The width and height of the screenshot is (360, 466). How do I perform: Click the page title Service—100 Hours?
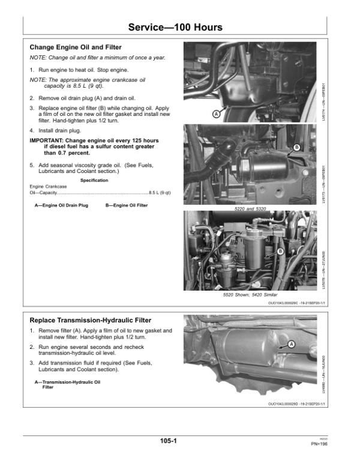pyautogui.click(x=176, y=28)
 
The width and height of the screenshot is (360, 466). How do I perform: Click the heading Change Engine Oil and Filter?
pyautogui.click(x=76, y=47)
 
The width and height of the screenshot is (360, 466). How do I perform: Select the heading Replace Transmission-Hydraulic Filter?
pyautogui.click(x=90, y=320)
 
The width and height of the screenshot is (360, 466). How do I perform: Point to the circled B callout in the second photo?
pyautogui.click(x=297, y=148)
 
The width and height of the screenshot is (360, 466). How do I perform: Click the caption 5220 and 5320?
pyautogui.click(x=250, y=208)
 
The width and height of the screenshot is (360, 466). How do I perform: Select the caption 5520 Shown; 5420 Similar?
pyautogui.click(x=250, y=295)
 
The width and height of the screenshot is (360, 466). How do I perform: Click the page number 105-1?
pyautogui.click(x=168, y=441)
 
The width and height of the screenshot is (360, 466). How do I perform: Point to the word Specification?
pyautogui.click(x=94, y=180)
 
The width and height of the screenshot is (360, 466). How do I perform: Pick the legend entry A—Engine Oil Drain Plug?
pyautogui.click(x=62, y=205)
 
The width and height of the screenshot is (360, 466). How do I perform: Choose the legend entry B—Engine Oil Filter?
pyautogui.click(x=127, y=205)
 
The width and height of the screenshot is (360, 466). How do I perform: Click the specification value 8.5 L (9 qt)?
pyautogui.click(x=160, y=193)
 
